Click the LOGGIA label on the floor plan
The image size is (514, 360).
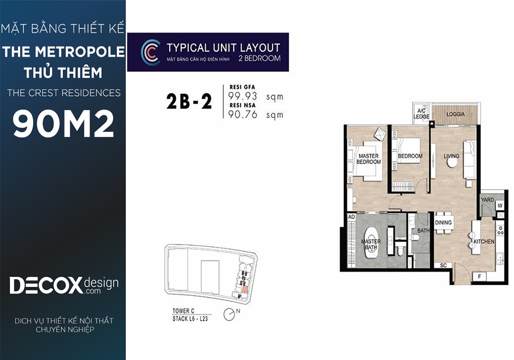point(455,114)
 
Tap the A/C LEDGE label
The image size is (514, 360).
point(421,113)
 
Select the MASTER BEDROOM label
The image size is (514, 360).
point(369,159)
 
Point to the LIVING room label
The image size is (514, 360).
point(451,156)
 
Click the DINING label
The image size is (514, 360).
point(443,222)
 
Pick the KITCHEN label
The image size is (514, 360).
point(484,242)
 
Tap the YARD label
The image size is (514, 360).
point(487,200)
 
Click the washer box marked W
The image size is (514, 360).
point(500,206)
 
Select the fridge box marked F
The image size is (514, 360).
point(479,277)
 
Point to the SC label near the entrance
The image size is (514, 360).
point(443,265)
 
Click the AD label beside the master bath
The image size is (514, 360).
point(351,217)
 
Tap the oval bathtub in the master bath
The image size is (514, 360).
point(371,244)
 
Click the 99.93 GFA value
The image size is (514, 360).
point(242,96)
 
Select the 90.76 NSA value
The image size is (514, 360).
point(242,114)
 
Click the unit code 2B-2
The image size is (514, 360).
point(189,101)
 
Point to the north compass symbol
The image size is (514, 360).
point(231,314)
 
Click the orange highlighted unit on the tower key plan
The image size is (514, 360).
point(244,290)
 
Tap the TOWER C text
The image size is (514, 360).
point(183,311)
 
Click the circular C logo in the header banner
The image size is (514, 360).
point(151,52)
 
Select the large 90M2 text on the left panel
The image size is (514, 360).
point(63,124)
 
